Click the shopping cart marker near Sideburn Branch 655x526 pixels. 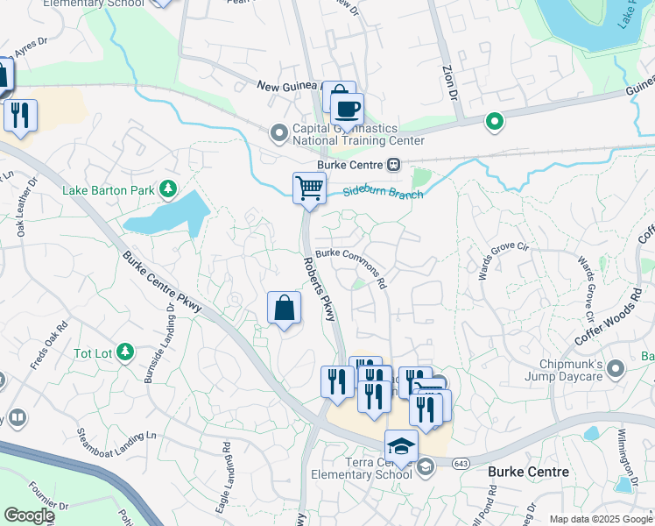(309, 188)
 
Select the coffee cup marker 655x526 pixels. (348, 110)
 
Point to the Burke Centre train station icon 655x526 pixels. (394, 165)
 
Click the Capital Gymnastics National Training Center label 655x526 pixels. (358, 134)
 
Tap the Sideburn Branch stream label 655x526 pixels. (382, 192)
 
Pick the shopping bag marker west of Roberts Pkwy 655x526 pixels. (284, 309)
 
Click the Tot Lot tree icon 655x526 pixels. (125, 352)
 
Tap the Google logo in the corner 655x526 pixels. (30, 515)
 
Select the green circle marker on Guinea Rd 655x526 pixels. (495, 122)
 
